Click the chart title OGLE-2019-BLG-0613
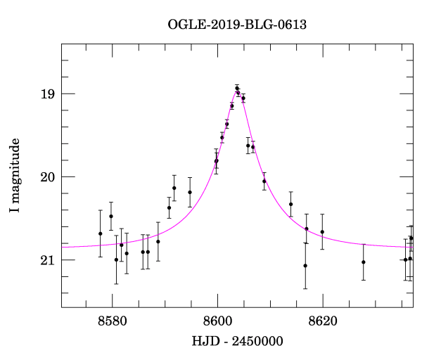click(x=237, y=25)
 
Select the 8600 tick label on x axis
click(x=217, y=321)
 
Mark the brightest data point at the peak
click(x=237, y=89)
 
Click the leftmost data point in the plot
click(x=101, y=233)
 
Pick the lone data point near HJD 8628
click(x=364, y=262)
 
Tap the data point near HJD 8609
click(x=264, y=181)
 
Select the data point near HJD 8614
click(x=290, y=204)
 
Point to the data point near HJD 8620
click(x=322, y=232)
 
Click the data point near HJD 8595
click(x=190, y=192)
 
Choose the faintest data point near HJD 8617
click(x=305, y=266)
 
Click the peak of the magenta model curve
click(x=238, y=92)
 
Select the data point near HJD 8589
click(x=158, y=241)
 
